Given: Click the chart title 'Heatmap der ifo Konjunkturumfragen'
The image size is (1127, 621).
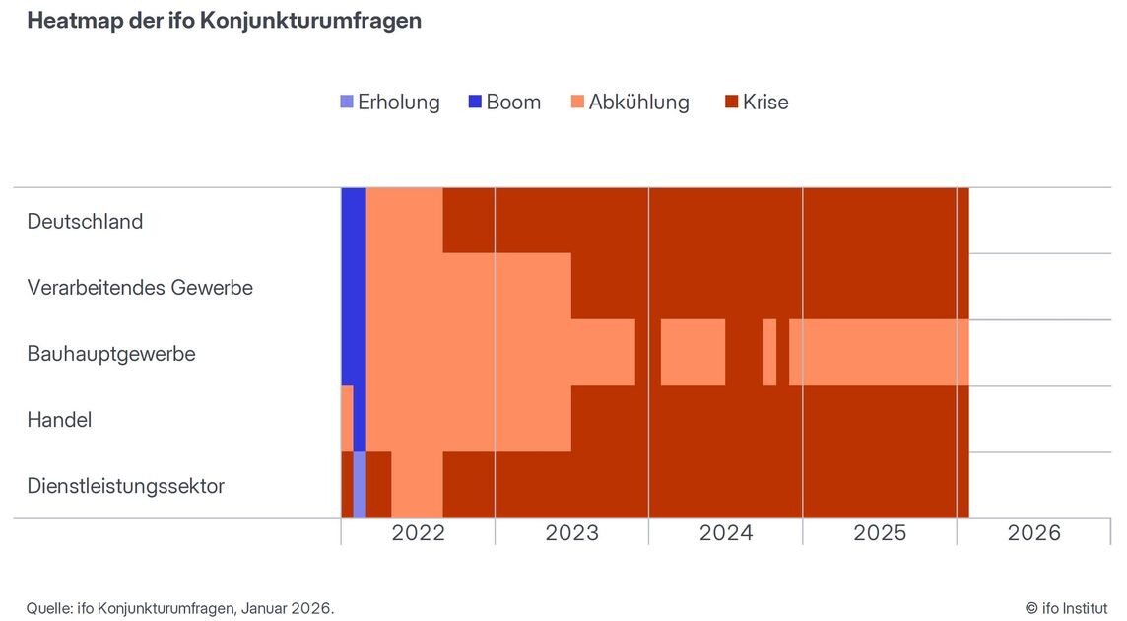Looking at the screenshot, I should coord(224,21).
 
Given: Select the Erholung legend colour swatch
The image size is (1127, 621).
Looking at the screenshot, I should coord(346,102).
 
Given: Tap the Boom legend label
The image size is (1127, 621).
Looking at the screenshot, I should coord(513,102).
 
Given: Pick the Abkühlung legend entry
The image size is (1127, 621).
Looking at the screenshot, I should coord(638,102).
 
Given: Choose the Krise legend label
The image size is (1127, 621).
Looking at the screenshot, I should coord(765,102).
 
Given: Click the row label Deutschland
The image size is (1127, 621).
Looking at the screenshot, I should coord(85,221).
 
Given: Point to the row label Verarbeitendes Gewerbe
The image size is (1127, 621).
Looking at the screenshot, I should coord(140,287).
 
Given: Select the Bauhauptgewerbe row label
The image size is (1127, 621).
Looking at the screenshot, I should coord(111,353).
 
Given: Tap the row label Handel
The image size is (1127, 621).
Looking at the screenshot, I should coord(59,419).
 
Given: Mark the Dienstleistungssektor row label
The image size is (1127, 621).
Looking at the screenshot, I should coord(126,485).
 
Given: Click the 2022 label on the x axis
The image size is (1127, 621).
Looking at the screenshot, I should coord(418,533).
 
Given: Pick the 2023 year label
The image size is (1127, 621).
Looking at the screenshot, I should coord(571,533).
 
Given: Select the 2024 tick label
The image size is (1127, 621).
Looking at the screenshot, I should coord(726,533).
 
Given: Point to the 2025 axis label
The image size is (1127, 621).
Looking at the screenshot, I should coord(880,533).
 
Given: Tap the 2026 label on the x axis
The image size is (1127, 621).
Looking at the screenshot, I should coord(1033,533).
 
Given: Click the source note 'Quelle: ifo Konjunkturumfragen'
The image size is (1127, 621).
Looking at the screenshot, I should coord(180,608).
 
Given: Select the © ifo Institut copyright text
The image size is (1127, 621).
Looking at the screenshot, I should coord(1066,608).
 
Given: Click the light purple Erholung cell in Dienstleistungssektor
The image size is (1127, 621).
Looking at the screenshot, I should coord(360,485).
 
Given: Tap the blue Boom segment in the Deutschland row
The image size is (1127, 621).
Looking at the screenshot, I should coord(354,221).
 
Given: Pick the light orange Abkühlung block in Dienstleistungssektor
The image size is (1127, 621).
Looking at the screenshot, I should coord(417,485).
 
